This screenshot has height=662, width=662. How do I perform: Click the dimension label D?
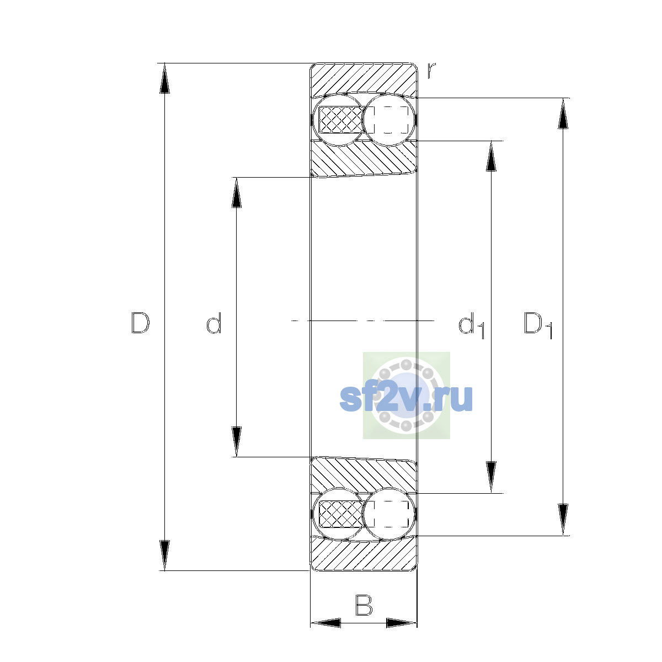pos(141,323)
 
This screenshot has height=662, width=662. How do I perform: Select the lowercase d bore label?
pos(213,323)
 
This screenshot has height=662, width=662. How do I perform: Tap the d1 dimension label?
pos(471,325)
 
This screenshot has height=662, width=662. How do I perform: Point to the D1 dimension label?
pos(538,325)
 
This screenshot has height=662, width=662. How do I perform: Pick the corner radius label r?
pos(431,70)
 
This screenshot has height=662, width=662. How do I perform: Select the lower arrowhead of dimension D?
pos(164,556)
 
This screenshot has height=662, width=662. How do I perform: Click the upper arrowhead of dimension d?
pos(236,193)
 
